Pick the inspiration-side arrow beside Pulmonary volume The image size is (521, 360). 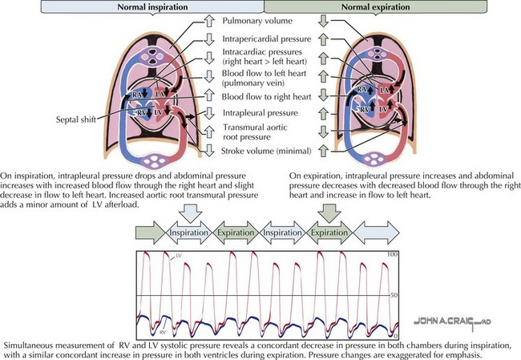[205, 21]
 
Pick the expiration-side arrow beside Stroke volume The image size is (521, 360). [324, 150]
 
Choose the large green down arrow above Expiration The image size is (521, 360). [328, 213]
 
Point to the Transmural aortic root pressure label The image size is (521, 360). [256, 131]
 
